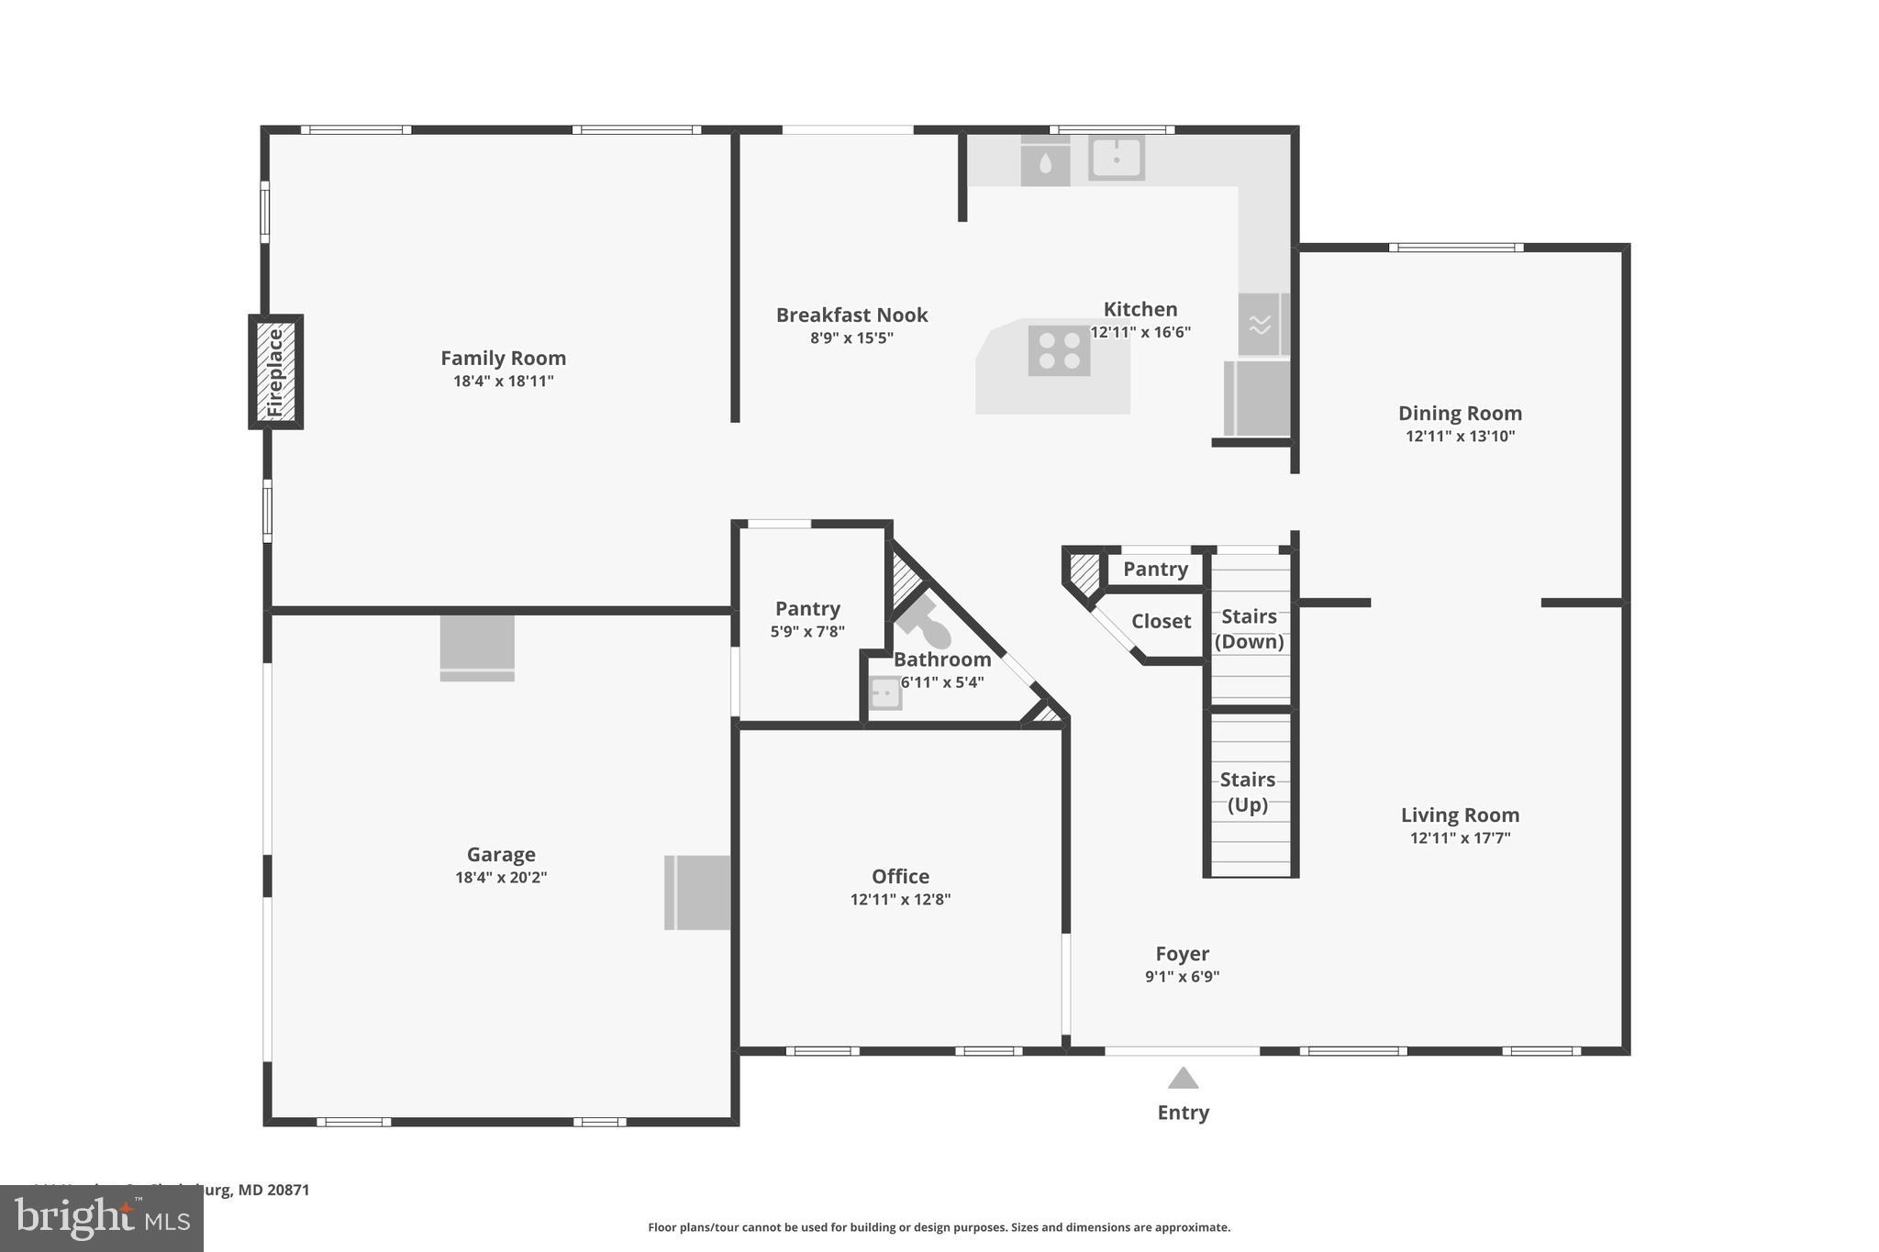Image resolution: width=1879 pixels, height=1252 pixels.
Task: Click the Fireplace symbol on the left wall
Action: coord(275,371)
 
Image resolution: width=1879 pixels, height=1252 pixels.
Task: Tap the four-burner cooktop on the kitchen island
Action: coord(1059,350)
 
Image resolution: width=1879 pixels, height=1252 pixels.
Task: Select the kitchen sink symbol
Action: coord(1116,158)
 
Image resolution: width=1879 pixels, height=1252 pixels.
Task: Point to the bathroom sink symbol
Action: coord(884,693)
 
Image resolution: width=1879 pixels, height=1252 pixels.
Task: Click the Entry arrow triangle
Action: coord(1183,1079)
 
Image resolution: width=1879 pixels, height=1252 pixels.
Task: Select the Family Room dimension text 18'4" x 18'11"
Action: coord(503,382)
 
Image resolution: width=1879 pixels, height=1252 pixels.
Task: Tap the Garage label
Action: coord(501,855)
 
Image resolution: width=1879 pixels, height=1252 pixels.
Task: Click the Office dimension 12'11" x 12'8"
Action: coord(900,900)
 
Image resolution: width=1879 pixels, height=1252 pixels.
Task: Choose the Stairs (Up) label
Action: coord(1247,792)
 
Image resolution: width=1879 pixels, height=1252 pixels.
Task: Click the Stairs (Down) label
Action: coord(1249,628)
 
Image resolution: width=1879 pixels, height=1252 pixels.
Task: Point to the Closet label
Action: coord(1161,622)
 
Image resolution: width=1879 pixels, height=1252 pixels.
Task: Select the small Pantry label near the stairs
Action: coord(1155,570)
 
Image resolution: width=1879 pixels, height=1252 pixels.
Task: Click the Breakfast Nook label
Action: coord(851,316)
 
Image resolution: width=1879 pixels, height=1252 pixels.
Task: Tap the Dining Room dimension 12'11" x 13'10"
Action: coord(1460,437)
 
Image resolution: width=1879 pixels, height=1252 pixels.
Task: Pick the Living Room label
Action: coord(1460,815)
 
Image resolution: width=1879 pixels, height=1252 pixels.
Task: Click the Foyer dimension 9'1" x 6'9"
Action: coord(1182,977)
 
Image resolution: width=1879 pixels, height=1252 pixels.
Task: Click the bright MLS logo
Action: coord(102,1218)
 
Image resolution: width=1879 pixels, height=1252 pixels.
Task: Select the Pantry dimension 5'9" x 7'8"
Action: coord(807,632)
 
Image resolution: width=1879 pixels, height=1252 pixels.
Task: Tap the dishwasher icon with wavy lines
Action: coord(1260,324)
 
